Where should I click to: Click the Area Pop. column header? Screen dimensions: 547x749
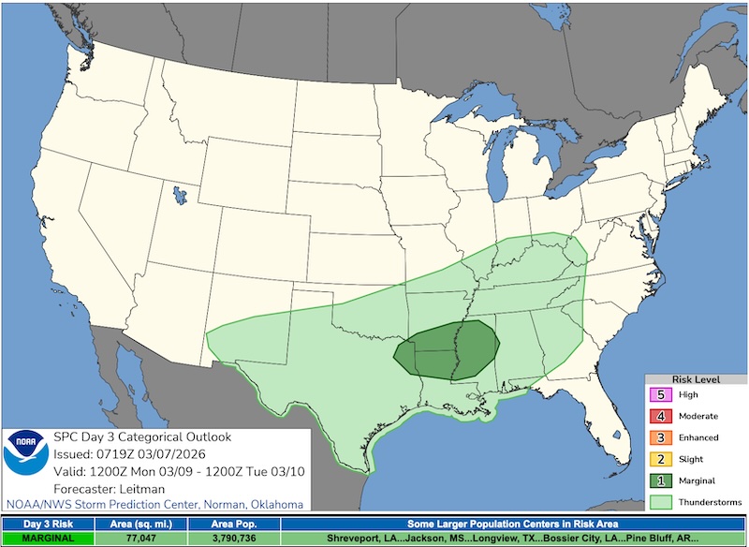click(232, 525)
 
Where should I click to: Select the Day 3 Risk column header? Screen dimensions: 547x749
click(47, 525)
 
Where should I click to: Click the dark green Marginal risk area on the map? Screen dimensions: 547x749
click(440, 347)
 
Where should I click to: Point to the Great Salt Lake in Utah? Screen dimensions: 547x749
click(177, 196)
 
